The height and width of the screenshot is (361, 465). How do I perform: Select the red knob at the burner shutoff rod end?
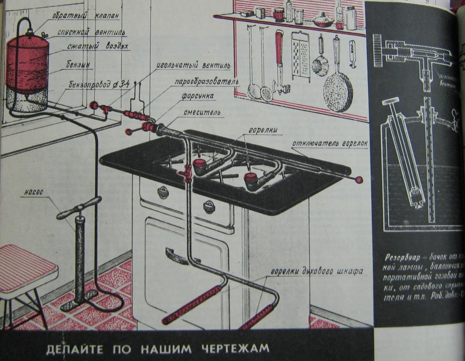pos(359,180)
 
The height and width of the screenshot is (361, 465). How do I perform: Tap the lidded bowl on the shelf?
pos(324,20)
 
